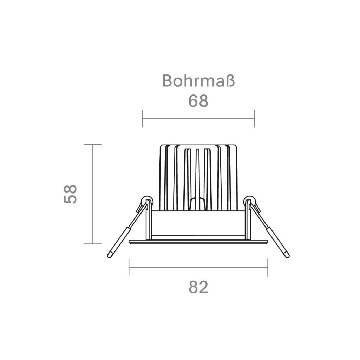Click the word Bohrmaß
(x=198, y=80)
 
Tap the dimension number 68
(x=198, y=101)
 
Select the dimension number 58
(x=70, y=194)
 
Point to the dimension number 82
(x=198, y=287)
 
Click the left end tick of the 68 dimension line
(x=142, y=118)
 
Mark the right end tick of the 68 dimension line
(x=254, y=118)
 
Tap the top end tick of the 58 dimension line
(x=93, y=145)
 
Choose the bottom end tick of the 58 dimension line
(x=93, y=244)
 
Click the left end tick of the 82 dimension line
(x=129, y=268)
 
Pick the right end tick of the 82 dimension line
(x=268, y=268)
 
